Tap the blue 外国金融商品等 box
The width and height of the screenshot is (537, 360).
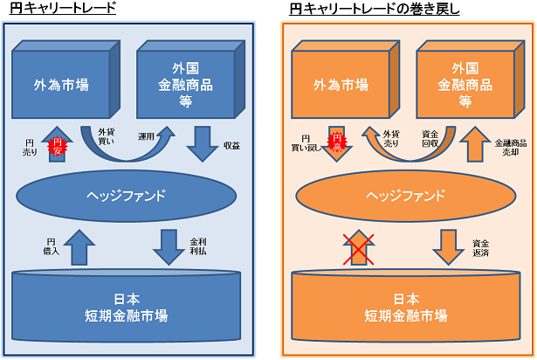pos(184,84)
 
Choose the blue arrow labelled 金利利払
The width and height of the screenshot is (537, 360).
pos(168,246)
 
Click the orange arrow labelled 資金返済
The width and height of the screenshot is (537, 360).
pos(447,246)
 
